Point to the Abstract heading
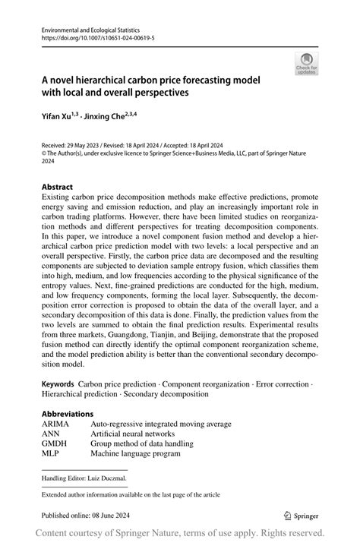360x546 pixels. (57, 186)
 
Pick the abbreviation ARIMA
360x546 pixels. (56, 424)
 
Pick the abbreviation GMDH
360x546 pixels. (55, 443)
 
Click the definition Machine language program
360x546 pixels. (135, 453)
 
